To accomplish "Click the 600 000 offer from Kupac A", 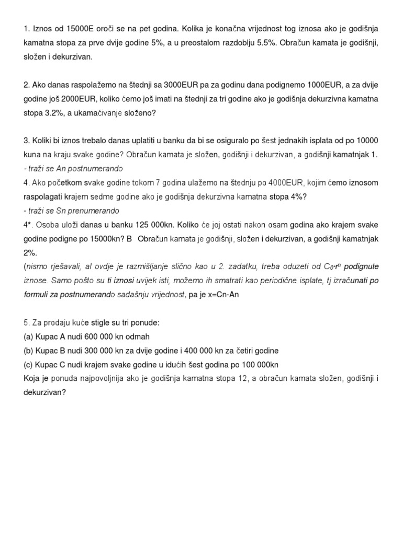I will (98, 337).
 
